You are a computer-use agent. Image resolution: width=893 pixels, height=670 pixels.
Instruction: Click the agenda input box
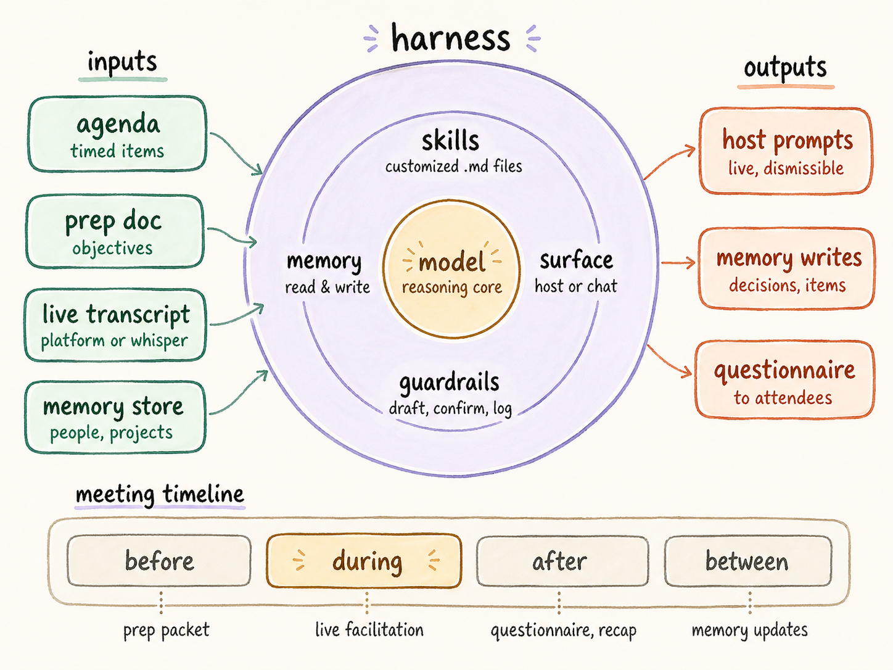click(117, 134)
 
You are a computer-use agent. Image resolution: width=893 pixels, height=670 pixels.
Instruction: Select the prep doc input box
click(115, 232)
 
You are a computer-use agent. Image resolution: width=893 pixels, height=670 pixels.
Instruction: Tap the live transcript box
click(115, 325)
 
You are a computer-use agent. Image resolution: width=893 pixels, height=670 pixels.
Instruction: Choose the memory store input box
click(115, 417)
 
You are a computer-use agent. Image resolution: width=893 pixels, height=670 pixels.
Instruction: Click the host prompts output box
click(786, 151)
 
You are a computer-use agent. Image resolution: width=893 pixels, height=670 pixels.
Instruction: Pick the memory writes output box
click(787, 268)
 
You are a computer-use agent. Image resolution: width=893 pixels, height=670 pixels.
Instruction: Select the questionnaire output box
click(784, 380)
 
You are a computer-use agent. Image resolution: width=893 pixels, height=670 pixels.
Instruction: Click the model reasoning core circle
click(451, 269)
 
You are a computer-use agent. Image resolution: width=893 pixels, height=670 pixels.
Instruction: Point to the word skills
click(450, 141)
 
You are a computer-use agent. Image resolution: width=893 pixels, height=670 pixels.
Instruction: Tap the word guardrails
click(449, 383)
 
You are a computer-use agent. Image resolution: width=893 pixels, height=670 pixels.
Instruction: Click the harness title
click(451, 38)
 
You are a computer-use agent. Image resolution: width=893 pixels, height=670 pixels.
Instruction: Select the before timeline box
click(159, 561)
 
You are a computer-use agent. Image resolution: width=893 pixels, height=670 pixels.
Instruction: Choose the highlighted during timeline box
click(364, 561)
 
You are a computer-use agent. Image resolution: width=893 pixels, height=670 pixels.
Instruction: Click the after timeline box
click(562, 561)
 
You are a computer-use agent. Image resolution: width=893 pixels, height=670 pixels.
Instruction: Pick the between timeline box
click(747, 561)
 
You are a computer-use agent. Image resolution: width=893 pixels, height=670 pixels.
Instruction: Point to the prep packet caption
click(166, 630)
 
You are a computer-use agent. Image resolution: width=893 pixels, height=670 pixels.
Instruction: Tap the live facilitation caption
click(369, 630)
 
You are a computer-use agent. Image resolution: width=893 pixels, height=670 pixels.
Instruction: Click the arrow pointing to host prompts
click(670, 162)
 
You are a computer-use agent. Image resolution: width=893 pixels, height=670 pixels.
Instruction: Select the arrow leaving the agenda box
click(237, 152)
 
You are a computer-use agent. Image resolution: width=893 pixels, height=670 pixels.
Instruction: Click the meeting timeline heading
click(160, 494)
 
